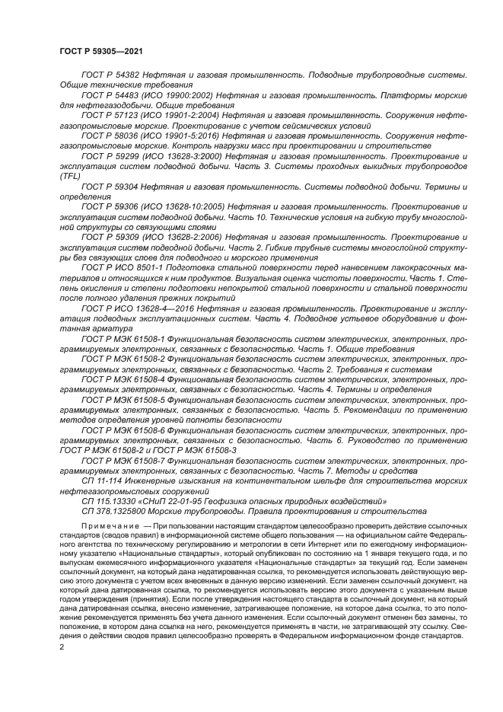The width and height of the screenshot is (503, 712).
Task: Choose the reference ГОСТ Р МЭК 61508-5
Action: (123, 398)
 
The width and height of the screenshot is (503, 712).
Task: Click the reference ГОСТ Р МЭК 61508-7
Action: (123, 461)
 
